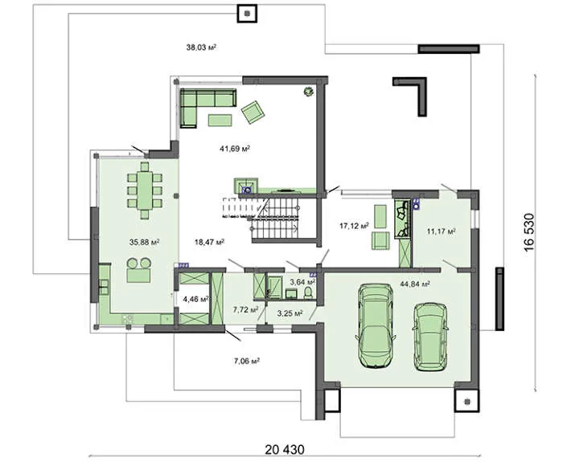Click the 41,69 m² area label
(x=235, y=148)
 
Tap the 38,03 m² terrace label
(x=201, y=47)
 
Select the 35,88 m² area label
(x=144, y=242)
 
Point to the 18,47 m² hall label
(x=209, y=242)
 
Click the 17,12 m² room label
(x=355, y=226)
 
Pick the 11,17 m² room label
(x=442, y=231)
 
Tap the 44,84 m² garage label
(x=415, y=284)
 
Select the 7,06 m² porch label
(x=247, y=362)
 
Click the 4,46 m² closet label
(x=196, y=299)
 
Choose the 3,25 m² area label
(x=290, y=313)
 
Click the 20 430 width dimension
(x=285, y=449)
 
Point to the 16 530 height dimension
(x=529, y=233)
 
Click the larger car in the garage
(x=376, y=325)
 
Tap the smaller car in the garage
(x=430, y=337)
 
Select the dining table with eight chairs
(x=145, y=190)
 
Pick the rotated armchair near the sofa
(x=253, y=112)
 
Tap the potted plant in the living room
(x=308, y=92)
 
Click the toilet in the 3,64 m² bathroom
(x=308, y=292)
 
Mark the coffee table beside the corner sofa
(x=220, y=121)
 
